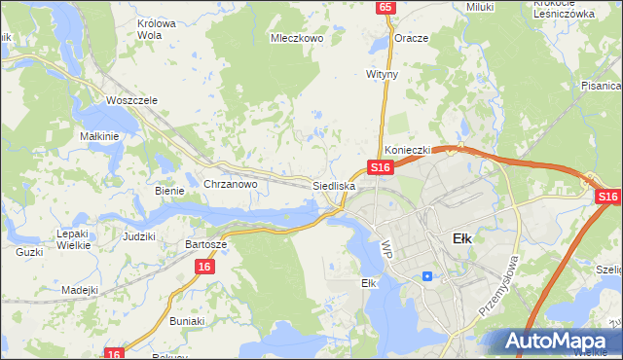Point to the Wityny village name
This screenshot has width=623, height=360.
(x=382, y=74)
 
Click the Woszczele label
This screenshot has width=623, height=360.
(x=131, y=101)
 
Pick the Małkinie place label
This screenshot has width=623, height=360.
(x=99, y=137)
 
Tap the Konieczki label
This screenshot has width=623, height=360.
(x=407, y=151)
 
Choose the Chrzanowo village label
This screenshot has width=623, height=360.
(x=230, y=184)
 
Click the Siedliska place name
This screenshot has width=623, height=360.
(x=334, y=185)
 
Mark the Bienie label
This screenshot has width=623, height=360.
(x=169, y=191)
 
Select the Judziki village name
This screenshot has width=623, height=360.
(x=139, y=236)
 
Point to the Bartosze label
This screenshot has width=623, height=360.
(x=206, y=245)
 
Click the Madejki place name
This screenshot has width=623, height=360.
(x=80, y=290)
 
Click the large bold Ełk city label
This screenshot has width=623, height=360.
(x=463, y=238)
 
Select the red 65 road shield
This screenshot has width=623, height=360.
(x=386, y=7)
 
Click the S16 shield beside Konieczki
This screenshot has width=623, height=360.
(x=380, y=167)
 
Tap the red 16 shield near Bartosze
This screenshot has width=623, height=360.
(x=203, y=267)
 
